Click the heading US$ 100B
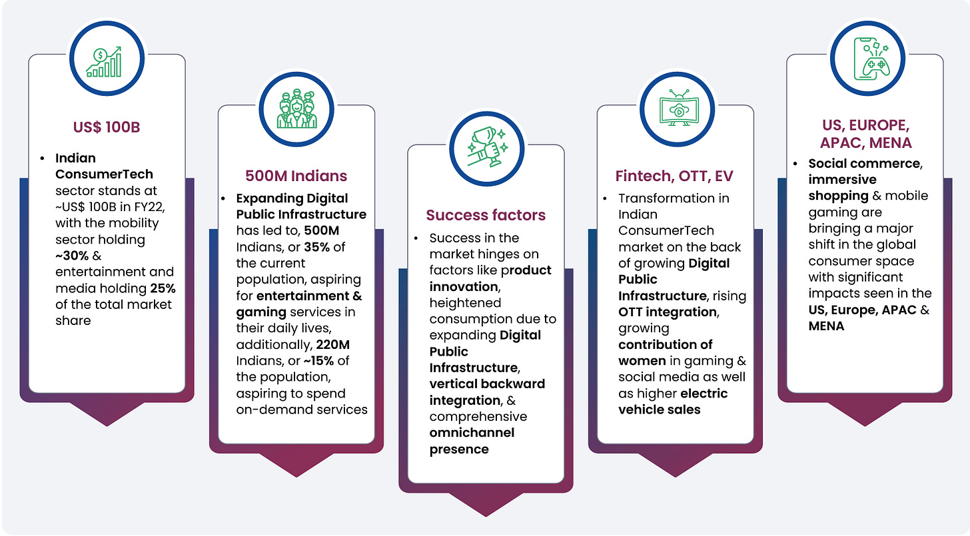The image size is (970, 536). (x=107, y=127)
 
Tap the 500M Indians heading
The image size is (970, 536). (x=296, y=176)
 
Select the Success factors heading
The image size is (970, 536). (x=486, y=215)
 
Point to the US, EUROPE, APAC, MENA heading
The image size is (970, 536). (x=865, y=134)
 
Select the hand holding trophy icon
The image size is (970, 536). (x=486, y=147)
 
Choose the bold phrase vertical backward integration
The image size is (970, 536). (x=486, y=392)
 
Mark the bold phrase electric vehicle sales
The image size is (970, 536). (x=673, y=402)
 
